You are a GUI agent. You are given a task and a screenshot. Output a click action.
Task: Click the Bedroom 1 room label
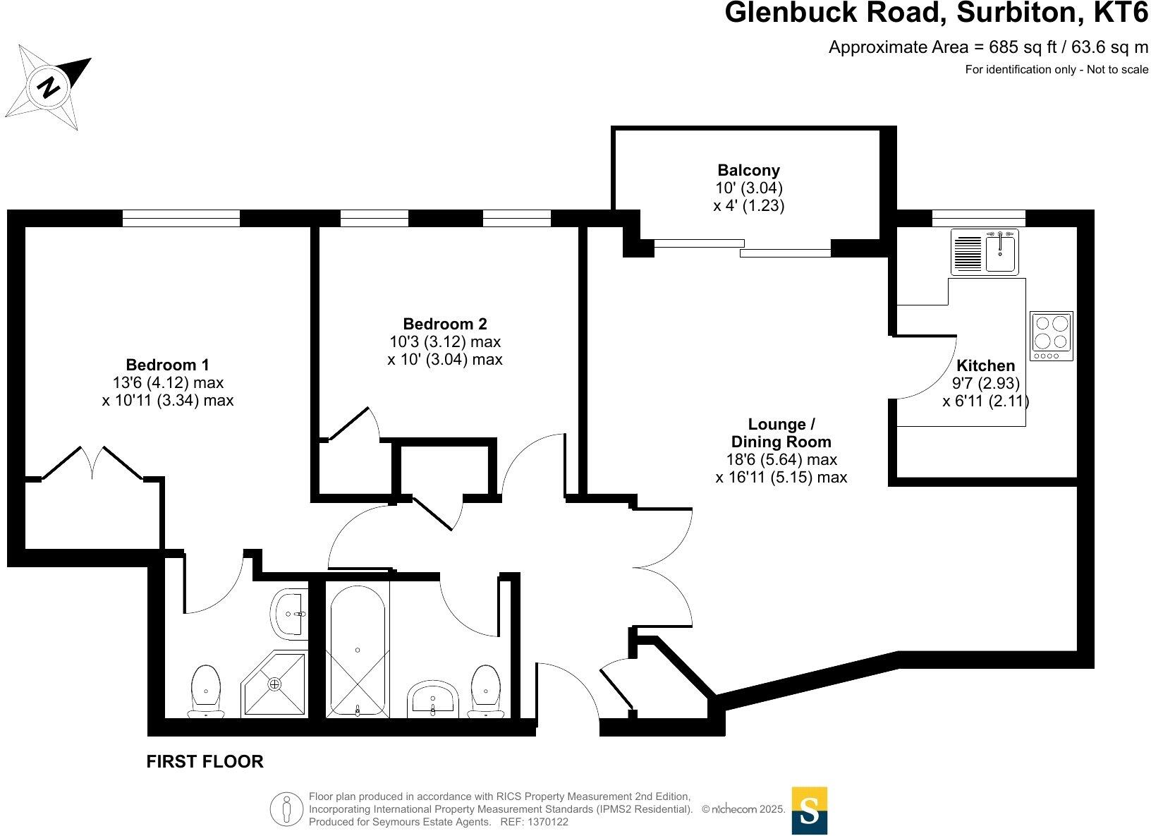(167, 365)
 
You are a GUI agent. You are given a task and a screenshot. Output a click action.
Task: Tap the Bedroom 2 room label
(444, 324)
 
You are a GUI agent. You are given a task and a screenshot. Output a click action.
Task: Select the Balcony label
(748, 170)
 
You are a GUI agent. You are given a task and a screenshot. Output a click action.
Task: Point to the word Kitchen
(985, 365)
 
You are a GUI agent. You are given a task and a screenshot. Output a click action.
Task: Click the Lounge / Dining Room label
(781, 433)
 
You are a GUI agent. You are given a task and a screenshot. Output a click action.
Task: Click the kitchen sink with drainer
(985, 252)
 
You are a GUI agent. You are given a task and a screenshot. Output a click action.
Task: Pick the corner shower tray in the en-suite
(275, 683)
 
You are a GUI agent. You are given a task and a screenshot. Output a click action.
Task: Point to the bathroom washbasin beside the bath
(432, 698)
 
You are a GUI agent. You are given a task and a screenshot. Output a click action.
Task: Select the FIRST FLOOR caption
(205, 761)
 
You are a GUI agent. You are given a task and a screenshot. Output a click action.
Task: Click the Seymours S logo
(809, 811)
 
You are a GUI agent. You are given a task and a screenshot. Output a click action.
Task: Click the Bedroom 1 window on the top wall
(181, 219)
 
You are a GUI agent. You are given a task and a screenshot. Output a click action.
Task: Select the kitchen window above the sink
(978, 219)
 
